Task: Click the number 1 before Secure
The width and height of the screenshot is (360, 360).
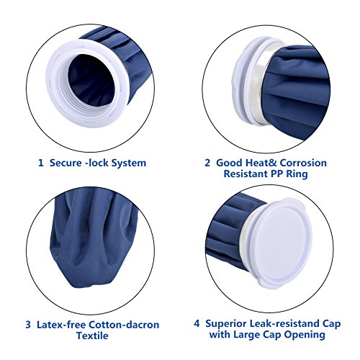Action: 40,163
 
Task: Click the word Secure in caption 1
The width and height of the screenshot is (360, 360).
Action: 67,163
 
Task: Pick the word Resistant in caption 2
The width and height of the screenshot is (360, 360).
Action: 256,175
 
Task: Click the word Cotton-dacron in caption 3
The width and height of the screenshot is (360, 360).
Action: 129,323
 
